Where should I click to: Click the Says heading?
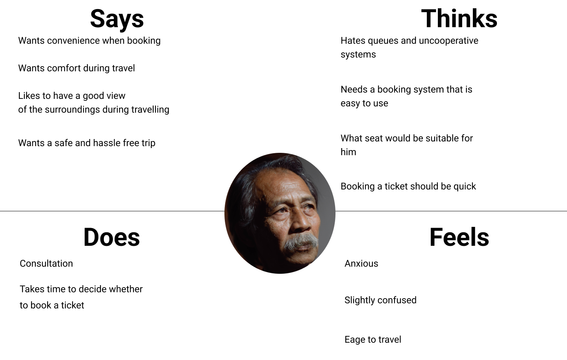117,19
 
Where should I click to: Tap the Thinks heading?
459,18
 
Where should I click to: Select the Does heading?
112,237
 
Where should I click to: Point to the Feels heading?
459,237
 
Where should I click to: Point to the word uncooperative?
448,41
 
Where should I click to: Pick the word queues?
383,41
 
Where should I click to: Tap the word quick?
465,187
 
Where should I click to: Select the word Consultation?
46,264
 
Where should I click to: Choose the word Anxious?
361,264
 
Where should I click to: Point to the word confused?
398,300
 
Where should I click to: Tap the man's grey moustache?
301,241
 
